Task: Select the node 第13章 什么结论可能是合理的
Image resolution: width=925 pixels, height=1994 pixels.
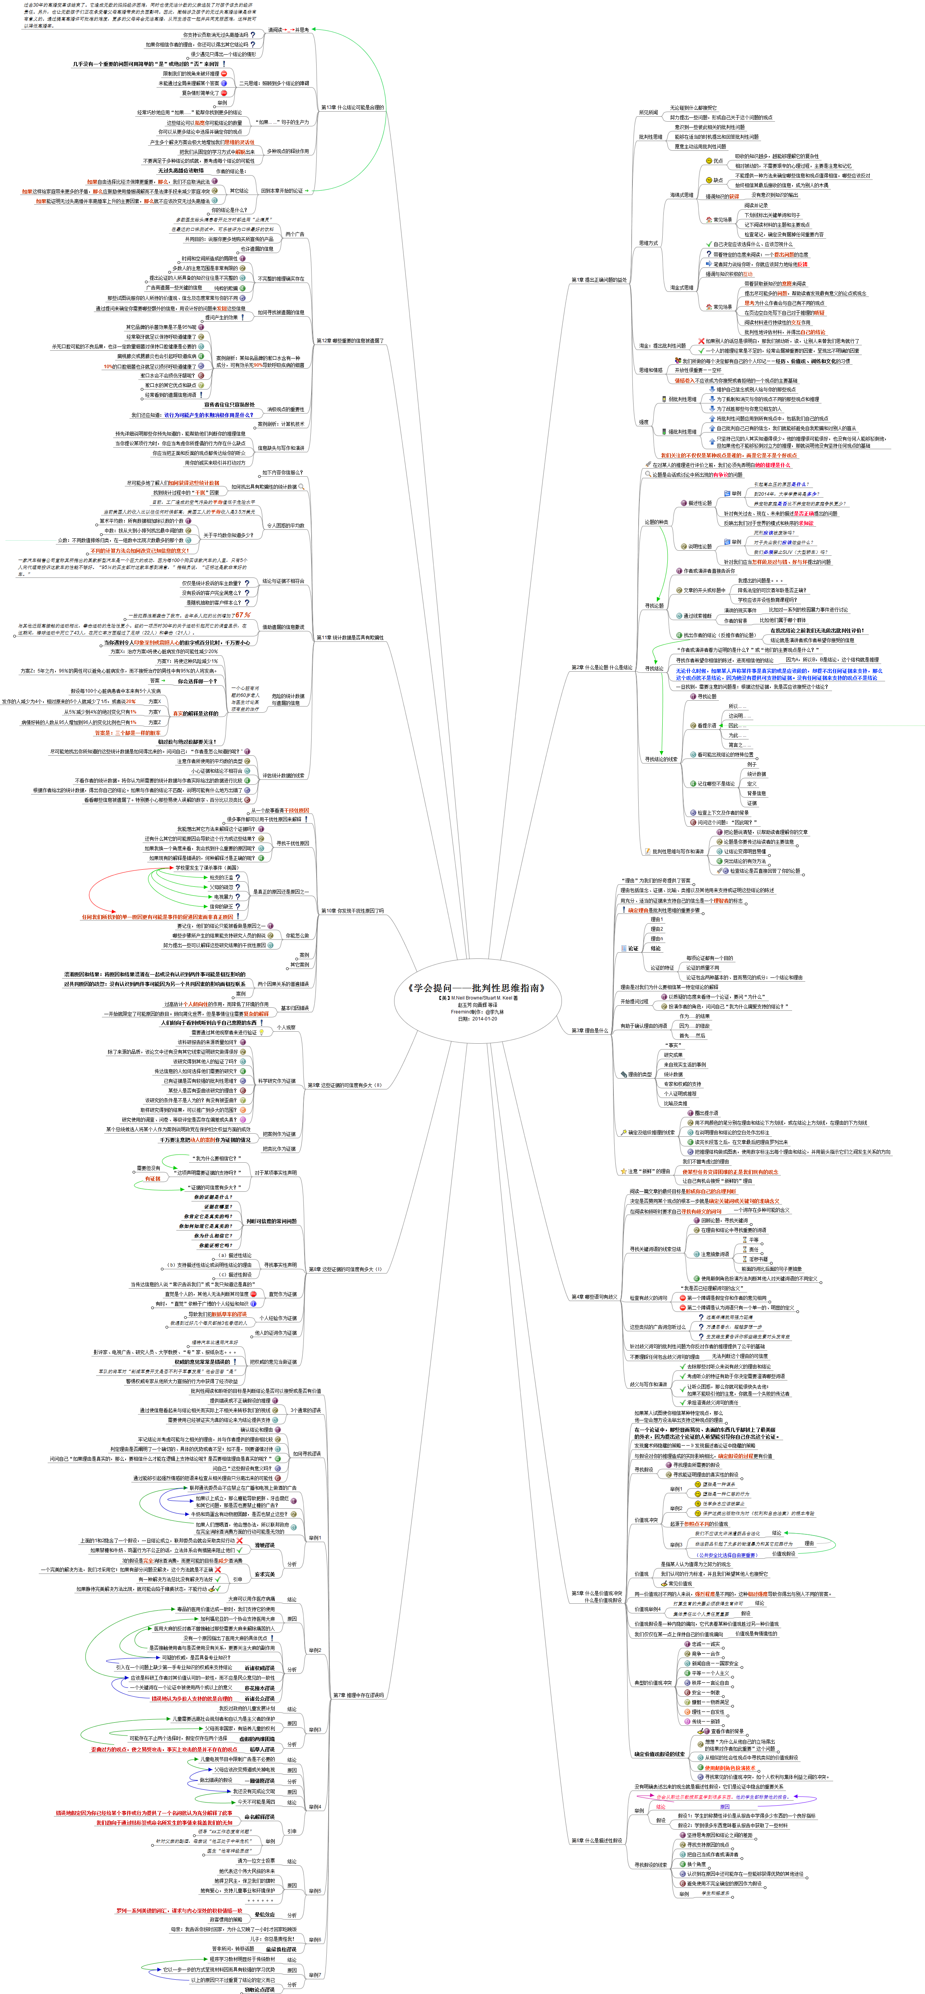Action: tap(352, 108)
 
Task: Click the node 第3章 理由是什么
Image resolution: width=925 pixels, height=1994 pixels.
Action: tap(590, 1030)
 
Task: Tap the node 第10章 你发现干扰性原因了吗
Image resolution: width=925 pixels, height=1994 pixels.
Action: tap(352, 911)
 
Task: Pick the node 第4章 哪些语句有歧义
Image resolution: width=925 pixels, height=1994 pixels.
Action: tap(594, 1296)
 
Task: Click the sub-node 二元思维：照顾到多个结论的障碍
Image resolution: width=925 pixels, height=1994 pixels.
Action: tap(274, 84)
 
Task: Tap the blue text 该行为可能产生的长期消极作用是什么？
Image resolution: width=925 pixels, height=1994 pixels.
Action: tap(208, 415)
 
